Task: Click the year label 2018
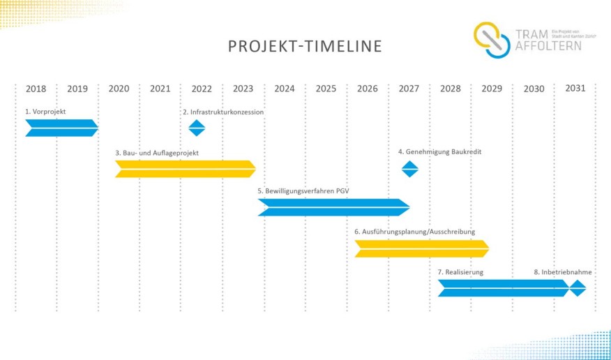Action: pos(36,89)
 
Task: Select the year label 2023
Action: pos(243,89)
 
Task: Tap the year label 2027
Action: pos(409,89)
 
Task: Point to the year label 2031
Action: pos(575,88)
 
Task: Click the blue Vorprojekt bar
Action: pos(61,128)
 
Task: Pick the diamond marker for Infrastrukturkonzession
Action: pos(197,128)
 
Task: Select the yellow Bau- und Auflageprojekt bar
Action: pos(185,169)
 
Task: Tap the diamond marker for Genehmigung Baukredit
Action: pos(409,169)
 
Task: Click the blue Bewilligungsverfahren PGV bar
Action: pos(333,207)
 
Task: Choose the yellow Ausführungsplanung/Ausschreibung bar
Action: pos(421,248)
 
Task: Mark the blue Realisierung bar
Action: pos(502,287)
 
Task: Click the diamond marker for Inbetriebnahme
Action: pos(578,287)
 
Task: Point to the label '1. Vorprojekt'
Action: pos(45,111)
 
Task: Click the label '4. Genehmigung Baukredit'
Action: pos(439,151)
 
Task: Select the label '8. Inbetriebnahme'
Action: pos(562,272)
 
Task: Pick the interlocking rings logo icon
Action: pos(493,40)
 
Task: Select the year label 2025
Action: pos(326,89)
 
